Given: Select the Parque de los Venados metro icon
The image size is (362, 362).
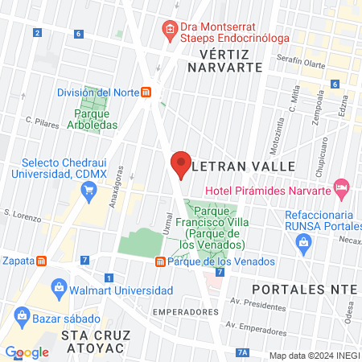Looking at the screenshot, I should (x=160, y=261).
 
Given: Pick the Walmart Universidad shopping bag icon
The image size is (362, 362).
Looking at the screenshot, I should (x=58, y=287).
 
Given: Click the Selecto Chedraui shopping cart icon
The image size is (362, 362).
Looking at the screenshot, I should (x=89, y=191).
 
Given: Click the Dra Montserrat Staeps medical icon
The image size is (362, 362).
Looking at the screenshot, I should (x=170, y=29).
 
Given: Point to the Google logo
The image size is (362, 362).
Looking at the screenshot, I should (x=27, y=352).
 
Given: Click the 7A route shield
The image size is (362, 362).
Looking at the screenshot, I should (x=243, y=352).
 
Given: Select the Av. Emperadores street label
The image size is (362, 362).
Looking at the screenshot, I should (x=257, y=327).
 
